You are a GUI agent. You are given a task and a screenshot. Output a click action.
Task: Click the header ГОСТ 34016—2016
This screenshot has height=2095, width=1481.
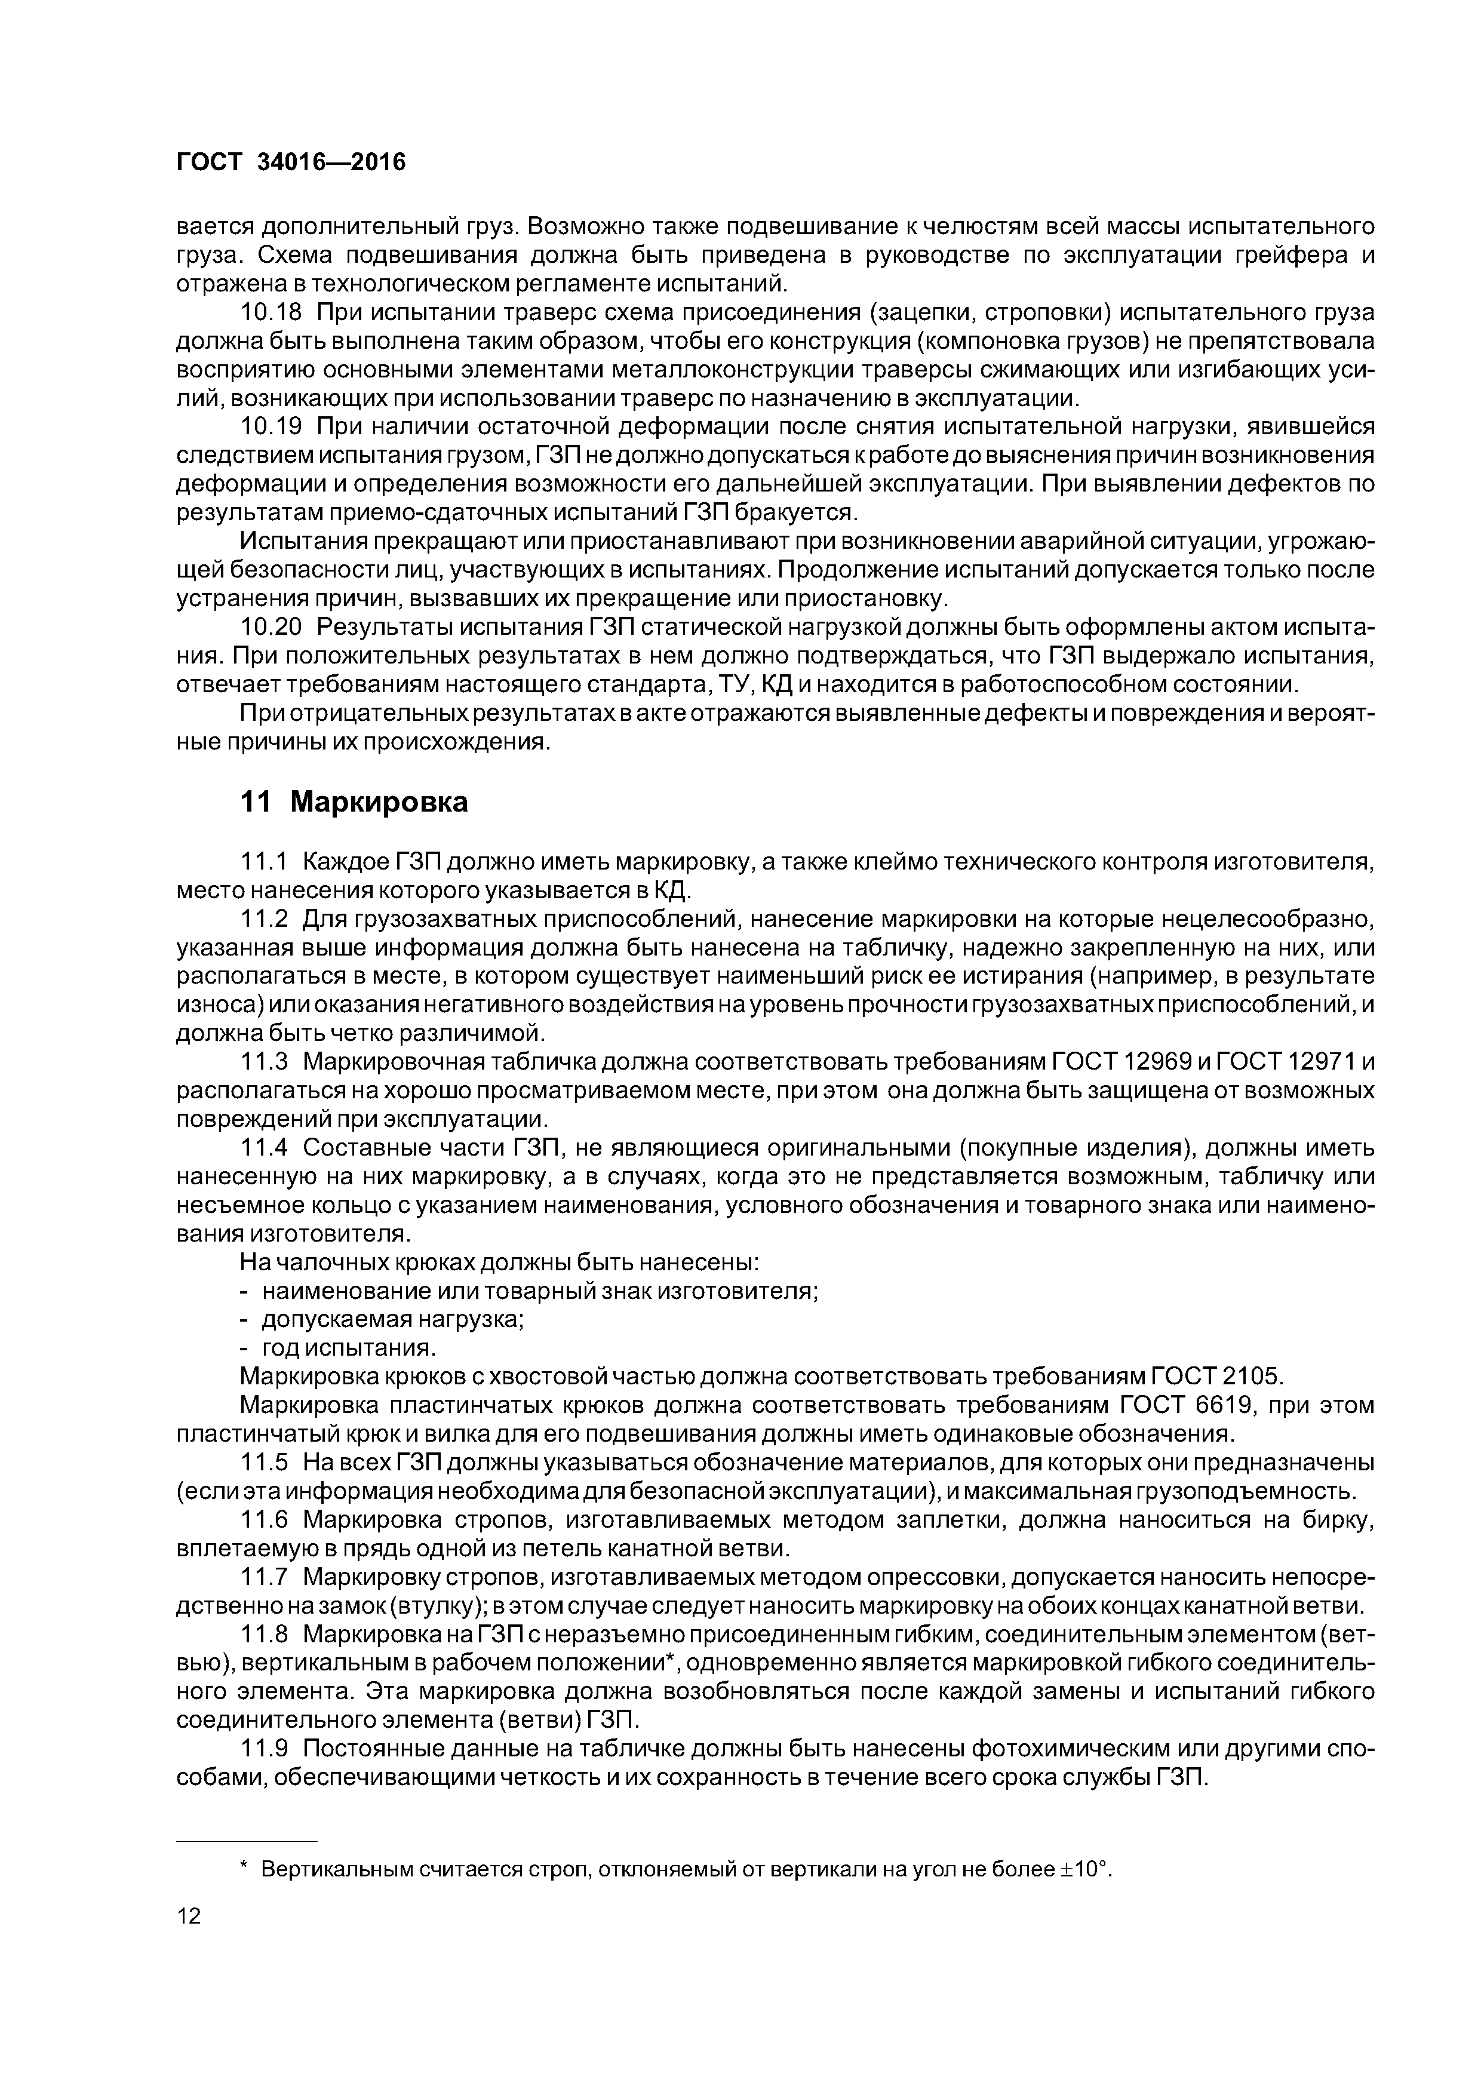click(x=290, y=162)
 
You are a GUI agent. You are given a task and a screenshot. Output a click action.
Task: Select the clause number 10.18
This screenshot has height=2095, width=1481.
click(x=270, y=312)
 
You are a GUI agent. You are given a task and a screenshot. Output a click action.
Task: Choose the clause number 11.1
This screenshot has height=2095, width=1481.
click(x=264, y=861)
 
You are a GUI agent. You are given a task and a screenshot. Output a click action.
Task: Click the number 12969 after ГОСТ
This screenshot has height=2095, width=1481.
click(x=1158, y=1061)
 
